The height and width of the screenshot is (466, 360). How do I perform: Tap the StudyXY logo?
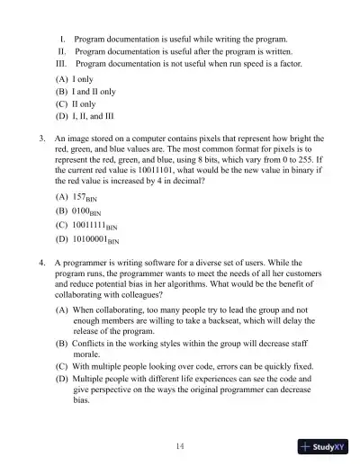323,447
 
